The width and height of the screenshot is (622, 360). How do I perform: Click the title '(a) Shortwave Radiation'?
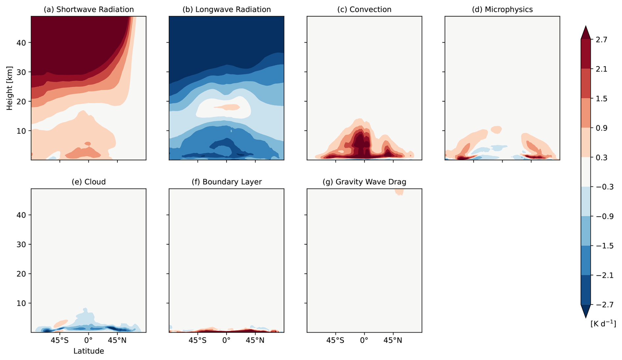click(x=88, y=10)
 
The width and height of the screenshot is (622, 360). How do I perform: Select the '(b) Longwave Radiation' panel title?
click(x=227, y=10)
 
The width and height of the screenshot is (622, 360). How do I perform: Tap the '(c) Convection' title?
click(x=364, y=10)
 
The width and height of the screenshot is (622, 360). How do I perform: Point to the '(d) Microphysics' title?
click(x=502, y=10)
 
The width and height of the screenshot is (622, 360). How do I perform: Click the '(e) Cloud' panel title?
click(x=88, y=182)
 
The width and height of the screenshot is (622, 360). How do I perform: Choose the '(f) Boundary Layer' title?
click(x=227, y=182)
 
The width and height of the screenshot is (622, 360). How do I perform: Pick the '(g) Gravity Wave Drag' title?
click(x=364, y=182)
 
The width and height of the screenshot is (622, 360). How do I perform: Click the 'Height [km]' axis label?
click(x=10, y=88)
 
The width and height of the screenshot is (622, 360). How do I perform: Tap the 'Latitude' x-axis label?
click(x=88, y=351)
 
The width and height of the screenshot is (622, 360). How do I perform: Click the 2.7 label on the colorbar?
click(x=602, y=40)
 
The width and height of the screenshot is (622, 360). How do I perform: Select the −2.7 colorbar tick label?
click(x=605, y=305)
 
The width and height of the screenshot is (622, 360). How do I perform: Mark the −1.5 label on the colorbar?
click(x=605, y=246)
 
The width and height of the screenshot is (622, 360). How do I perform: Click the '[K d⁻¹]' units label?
click(x=603, y=324)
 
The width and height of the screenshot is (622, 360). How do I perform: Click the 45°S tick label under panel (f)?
click(x=198, y=340)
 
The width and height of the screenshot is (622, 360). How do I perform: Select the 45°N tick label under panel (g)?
click(x=393, y=340)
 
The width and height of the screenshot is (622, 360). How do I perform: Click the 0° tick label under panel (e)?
click(x=88, y=340)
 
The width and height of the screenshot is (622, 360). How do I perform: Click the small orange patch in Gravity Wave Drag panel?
click(x=399, y=192)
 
